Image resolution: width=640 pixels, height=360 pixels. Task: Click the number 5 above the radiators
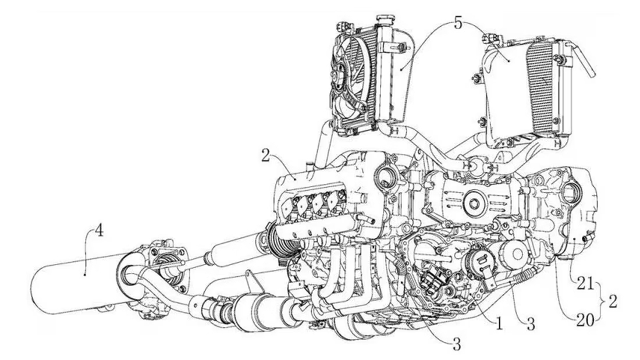click(458, 23)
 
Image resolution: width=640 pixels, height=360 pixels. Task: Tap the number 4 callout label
click(99, 231)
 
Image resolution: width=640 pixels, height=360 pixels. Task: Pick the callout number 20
click(585, 321)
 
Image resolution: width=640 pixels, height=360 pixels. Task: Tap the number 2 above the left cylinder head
click(266, 155)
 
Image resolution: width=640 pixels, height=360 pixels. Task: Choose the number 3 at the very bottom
click(457, 345)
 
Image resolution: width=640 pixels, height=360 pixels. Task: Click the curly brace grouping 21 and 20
click(602, 302)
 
